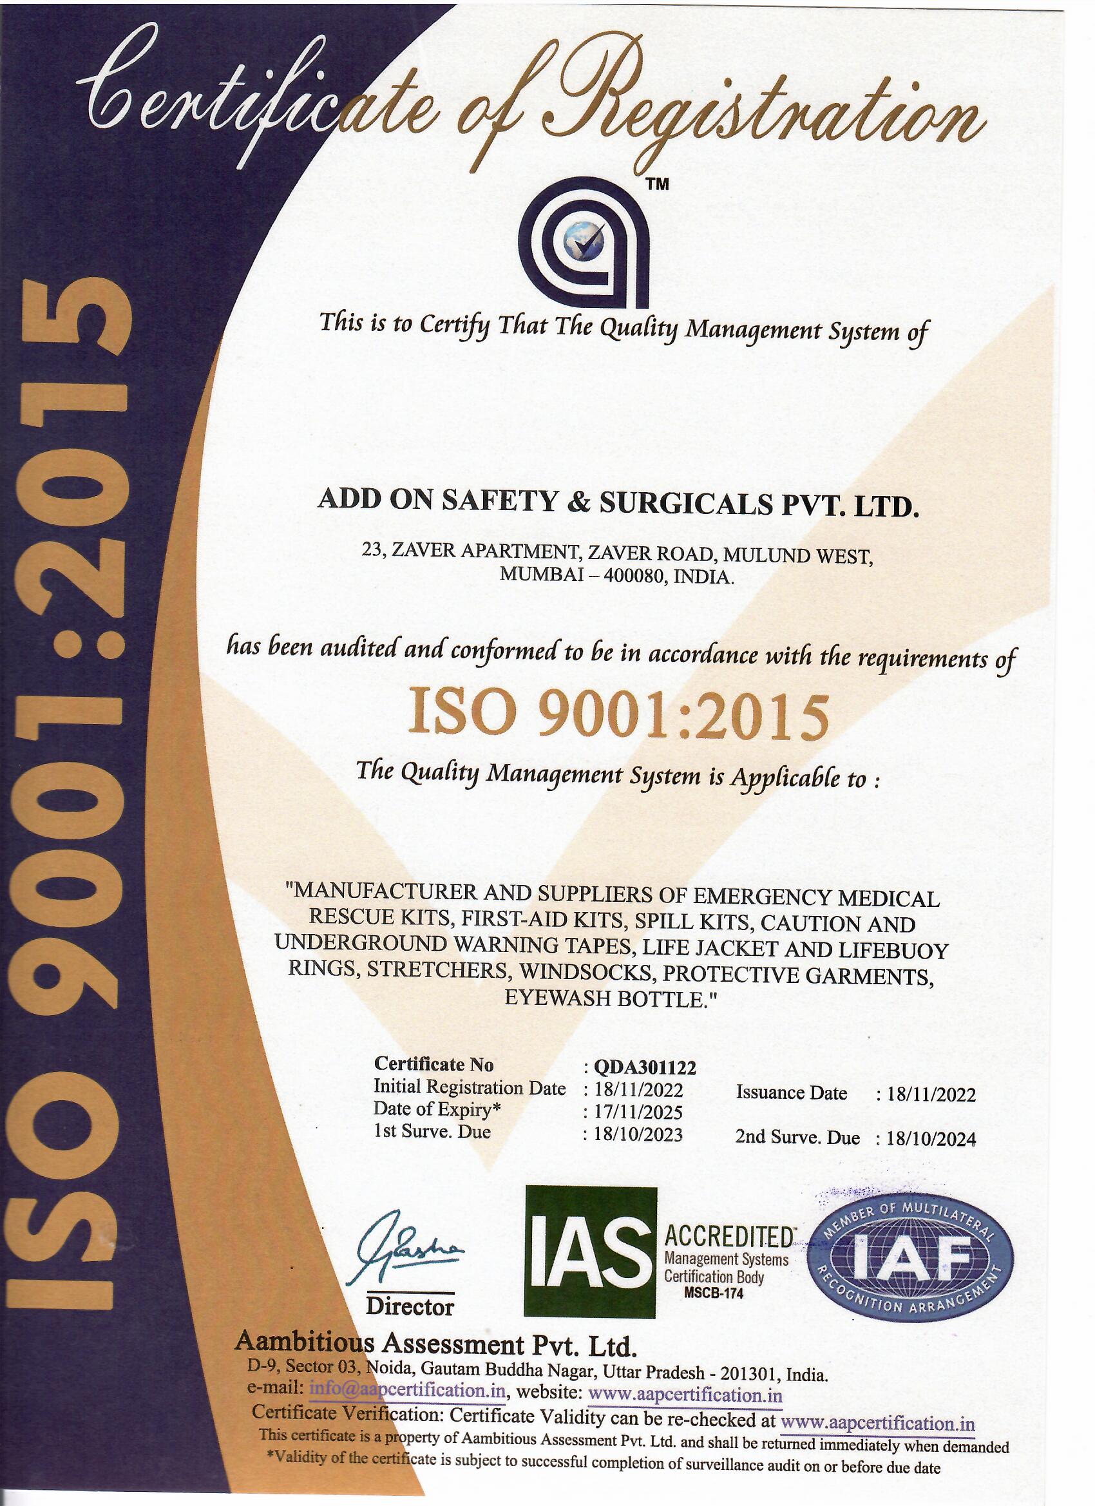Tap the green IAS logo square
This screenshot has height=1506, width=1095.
[589, 1255]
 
